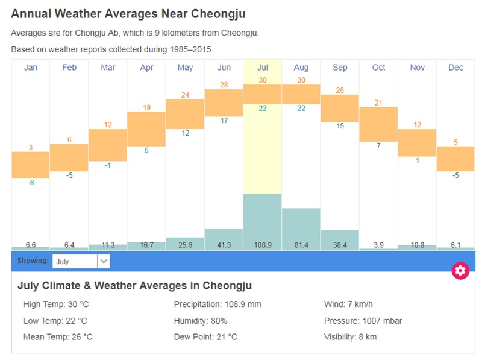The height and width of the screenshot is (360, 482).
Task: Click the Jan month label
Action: click(x=30, y=68)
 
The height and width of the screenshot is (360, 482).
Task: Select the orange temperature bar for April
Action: click(x=146, y=128)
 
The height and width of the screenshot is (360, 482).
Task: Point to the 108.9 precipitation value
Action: click(x=262, y=245)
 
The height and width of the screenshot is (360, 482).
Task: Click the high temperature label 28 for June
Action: click(x=224, y=85)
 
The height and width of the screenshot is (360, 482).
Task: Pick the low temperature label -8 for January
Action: click(x=30, y=182)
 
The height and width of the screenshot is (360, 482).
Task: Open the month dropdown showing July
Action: click(x=81, y=261)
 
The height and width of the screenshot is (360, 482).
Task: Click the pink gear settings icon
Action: click(x=460, y=270)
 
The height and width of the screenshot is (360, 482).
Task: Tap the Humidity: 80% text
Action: click(x=200, y=321)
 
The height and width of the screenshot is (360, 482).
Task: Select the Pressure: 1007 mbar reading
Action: click(x=363, y=321)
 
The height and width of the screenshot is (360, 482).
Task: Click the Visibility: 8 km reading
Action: click(x=350, y=337)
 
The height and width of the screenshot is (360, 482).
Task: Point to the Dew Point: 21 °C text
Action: click(x=205, y=337)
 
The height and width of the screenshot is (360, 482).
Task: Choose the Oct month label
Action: click(x=378, y=68)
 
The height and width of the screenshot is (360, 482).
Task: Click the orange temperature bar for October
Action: click(x=378, y=124)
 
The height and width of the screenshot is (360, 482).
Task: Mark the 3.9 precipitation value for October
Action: click(x=378, y=245)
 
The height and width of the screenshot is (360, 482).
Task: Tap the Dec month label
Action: click(x=455, y=68)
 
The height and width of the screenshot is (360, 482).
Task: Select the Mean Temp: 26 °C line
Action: click(x=58, y=337)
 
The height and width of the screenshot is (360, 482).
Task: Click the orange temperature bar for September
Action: click(x=340, y=108)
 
